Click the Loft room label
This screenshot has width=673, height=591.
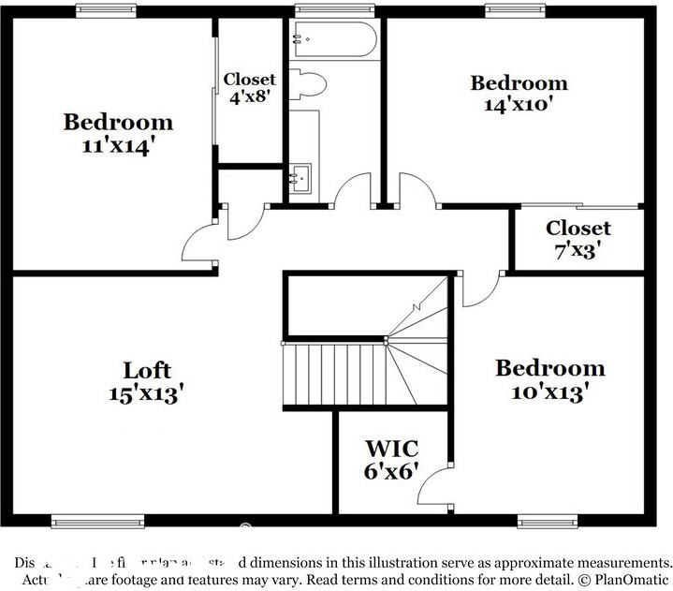(x=146, y=370)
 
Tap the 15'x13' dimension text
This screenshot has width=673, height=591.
(x=146, y=393)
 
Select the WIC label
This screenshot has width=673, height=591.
(x=391, y=448)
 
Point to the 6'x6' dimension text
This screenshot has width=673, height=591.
(x=391, y=470)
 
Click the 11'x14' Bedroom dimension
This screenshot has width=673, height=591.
(x=118, y=145)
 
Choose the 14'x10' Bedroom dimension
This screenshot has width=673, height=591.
(x=518, y=105)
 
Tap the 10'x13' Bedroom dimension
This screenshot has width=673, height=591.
(x=549, y=392)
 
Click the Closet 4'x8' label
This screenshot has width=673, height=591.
(x=250, y=88)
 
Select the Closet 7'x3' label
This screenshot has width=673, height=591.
(x=578, y=239)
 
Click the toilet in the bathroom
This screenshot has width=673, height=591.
(x=307, y=84)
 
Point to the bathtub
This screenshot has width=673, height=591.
(x=333, y=40)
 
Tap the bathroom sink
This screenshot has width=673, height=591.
(x=300, y=177)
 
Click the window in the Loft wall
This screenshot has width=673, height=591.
(x=97, y=521)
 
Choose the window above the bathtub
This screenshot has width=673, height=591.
(x=334, y=10)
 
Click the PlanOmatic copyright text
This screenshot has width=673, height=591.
(x=622, y=580)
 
